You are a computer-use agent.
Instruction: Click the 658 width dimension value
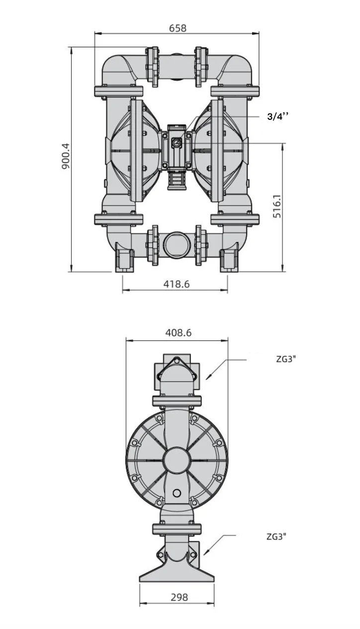178,28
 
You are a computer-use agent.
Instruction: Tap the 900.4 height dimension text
66,156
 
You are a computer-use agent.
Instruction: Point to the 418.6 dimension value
177,284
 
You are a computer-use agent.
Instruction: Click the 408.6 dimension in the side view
179,332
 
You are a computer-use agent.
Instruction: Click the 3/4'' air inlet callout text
277,116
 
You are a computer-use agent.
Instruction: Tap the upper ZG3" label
286,359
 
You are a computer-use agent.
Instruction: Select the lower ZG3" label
276,536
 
